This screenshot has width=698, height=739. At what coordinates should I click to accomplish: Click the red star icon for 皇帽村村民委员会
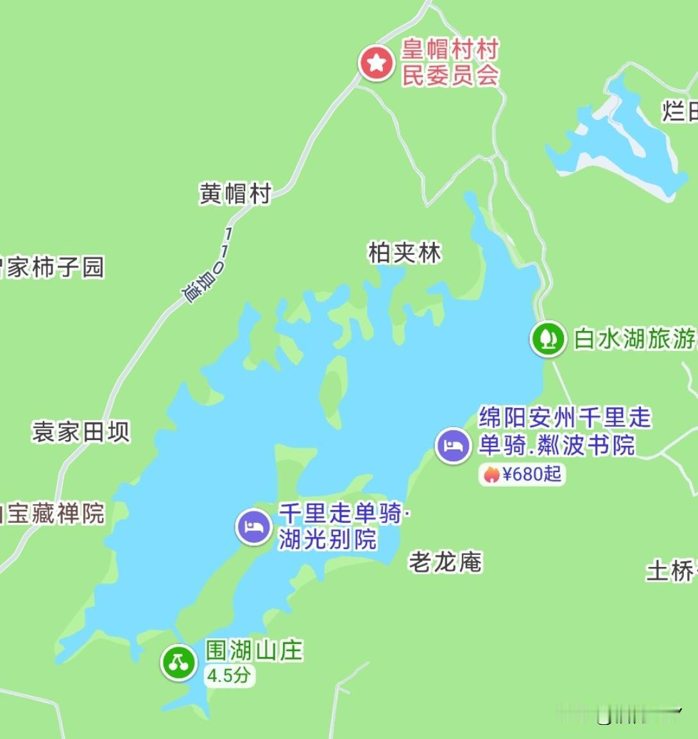click(x=375, y=64)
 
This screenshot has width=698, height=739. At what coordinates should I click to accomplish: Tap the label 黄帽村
click(x=235, y=193)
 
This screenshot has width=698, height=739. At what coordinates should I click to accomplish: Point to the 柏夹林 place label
click(x=405, y=253)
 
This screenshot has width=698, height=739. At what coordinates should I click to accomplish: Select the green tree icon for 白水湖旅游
click(x=547, y=338)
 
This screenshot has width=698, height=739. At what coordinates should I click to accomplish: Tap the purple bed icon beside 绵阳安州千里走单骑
click(x=453, y=445)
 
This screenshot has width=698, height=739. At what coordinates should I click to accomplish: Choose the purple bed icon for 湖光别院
click(x=254, y=527)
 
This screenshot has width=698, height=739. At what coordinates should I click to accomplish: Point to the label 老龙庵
click(x=445, y=562)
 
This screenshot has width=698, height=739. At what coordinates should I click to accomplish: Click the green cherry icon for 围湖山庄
click(x=178, y=662)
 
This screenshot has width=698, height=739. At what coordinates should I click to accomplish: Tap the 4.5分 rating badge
click(x=228, y=675)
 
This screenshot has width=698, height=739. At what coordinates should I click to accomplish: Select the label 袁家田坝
click(x=81, y=432)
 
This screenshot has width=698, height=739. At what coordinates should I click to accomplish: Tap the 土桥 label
click(x=671, y=570)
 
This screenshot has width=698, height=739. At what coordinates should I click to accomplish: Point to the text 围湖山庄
click(x=254, y=650)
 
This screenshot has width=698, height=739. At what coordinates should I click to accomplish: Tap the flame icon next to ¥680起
click(x=491, y=474)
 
